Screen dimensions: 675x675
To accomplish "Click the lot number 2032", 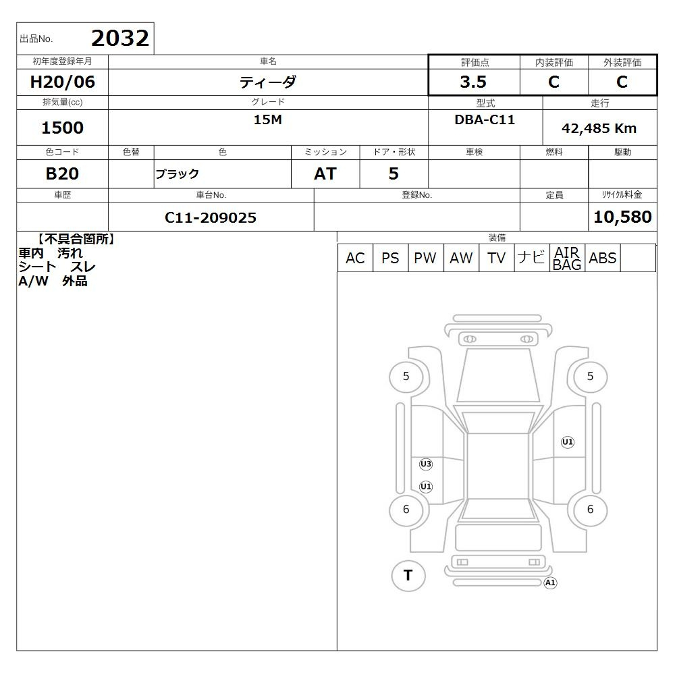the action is click(120, 38).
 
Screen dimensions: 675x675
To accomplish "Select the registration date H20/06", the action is click(62, 82).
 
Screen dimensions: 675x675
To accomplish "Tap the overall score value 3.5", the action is click(473, 82).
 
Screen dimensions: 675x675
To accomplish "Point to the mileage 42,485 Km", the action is click(599, 128).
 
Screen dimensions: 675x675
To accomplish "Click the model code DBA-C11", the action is click(485, 119).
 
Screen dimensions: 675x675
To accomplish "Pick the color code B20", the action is click(62, 174).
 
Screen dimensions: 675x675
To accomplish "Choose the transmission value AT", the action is click(325, 174).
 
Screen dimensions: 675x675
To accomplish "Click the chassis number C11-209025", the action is click(211, 218).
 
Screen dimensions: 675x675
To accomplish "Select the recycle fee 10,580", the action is click(622, 217).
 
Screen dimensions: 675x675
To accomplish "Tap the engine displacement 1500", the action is click(62, 128).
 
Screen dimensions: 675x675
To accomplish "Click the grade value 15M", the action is click(268, 119).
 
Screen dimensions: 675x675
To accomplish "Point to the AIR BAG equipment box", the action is click(567, 258).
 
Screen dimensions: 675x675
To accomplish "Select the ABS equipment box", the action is click(602, 258).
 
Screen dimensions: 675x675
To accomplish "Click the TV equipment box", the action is click(496, 258).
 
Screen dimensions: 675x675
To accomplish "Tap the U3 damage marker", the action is click(426, 464).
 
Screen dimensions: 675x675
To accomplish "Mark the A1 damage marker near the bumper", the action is click(550, 583).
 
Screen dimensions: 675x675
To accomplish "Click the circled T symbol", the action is click(408, 576).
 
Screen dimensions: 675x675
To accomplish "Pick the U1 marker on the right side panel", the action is click(568, 442).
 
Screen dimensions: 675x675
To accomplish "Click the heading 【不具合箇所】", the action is click(77, 240).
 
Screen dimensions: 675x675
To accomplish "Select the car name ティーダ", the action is click(268, 82).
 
